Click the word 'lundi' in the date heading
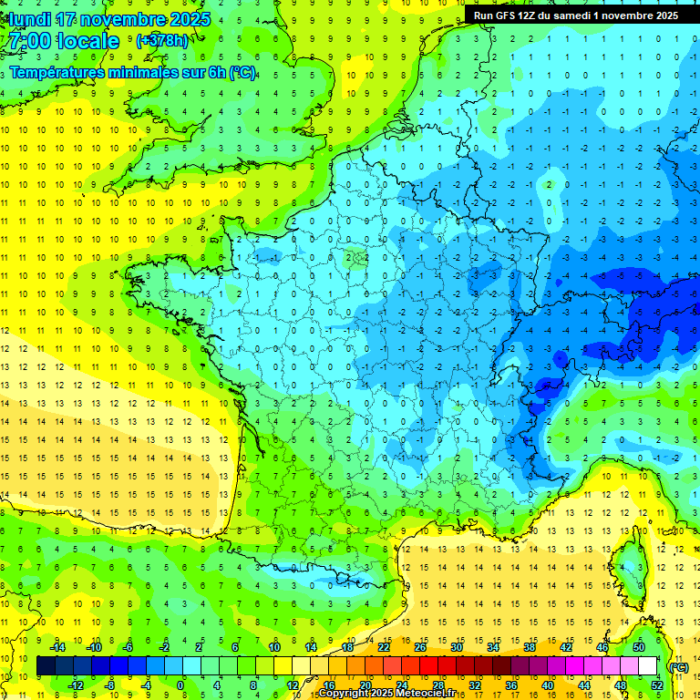point(26,18)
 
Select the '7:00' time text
point(27,41)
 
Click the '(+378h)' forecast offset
point(163,41)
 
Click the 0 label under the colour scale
point(180,685)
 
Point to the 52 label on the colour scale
point(656,685)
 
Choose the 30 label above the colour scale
point(457,647)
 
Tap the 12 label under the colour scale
point(293,685)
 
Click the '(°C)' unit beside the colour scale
point(678,666)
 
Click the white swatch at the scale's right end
point(648,666)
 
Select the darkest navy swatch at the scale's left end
point(46,666)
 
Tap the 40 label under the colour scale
point(547,685)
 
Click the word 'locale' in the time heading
point(87,41)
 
